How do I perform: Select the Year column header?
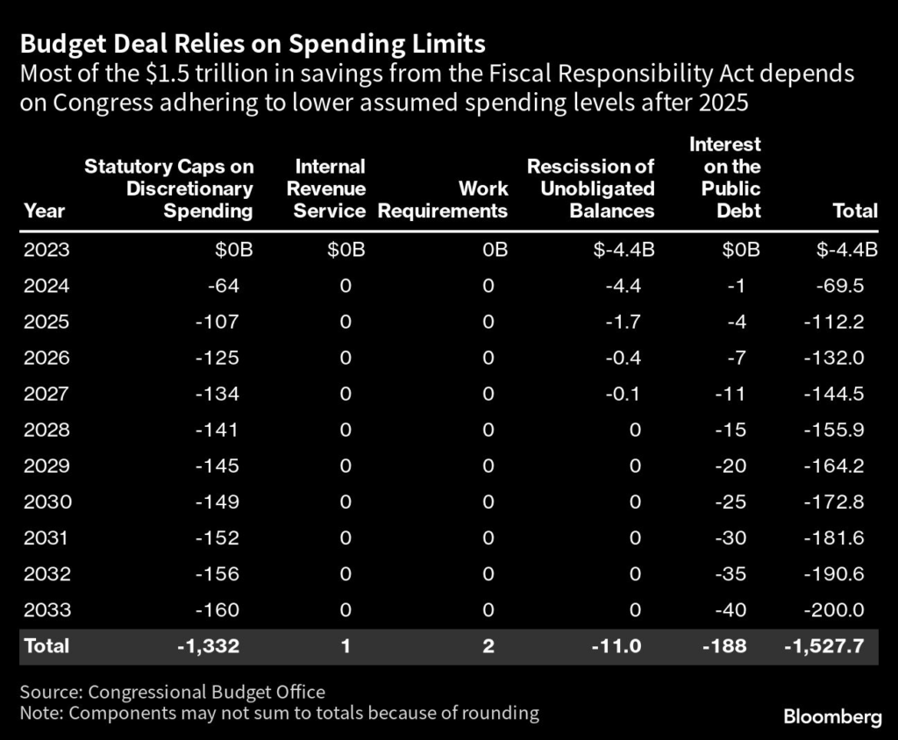(x=44, y=210)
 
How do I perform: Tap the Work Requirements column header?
(x=443, y=200)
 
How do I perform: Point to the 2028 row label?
(x=47, y=430)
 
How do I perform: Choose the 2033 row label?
(x=47, y=609)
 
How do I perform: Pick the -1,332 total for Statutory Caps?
(x=207, y=646)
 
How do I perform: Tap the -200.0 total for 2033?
(x=833, y=609)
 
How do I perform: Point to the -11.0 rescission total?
(x=618, y=646)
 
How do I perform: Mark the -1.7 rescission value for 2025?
(x=625, y=322)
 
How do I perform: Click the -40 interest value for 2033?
(x=732, y=609)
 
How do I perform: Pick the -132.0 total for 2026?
(x=833, y=358)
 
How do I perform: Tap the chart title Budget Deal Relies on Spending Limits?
(x=253, y=43)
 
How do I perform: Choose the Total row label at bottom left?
(x=46, y=646)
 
